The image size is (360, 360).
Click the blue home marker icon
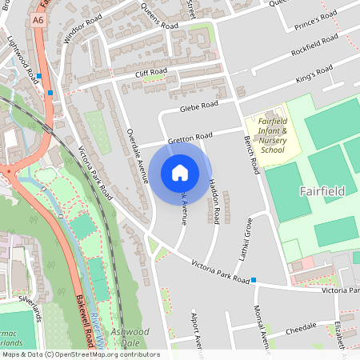(180, 172)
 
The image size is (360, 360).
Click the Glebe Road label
(198, 106)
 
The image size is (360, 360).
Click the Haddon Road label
(214, 200)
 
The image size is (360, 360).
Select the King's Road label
(314, 74)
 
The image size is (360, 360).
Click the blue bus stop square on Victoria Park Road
(254, 280)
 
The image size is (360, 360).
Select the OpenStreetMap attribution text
(80, 354)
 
